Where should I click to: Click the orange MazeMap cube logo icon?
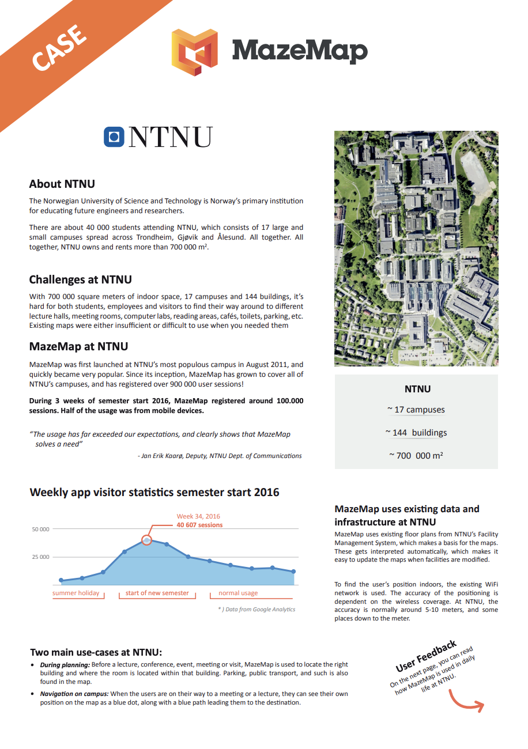[194, 51]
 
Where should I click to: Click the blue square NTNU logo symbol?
[114, 137]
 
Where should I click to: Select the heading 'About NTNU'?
[62, 184]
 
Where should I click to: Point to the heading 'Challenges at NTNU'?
[81, 279]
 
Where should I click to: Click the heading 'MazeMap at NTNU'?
[78, 346]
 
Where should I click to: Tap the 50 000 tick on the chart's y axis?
[40, 529]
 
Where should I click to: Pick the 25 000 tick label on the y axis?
[40, 557]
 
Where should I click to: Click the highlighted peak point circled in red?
[146, 540]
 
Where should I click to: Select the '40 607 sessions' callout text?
[199, 525]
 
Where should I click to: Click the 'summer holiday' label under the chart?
[76, 593]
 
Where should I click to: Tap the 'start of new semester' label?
[157, 593]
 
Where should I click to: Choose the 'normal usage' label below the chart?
[238, 593]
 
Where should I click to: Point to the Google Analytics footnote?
[257, 609]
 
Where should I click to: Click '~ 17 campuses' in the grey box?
[416, 410]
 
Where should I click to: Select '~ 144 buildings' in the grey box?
[416, 433]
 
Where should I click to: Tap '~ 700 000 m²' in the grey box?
[416, 455]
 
